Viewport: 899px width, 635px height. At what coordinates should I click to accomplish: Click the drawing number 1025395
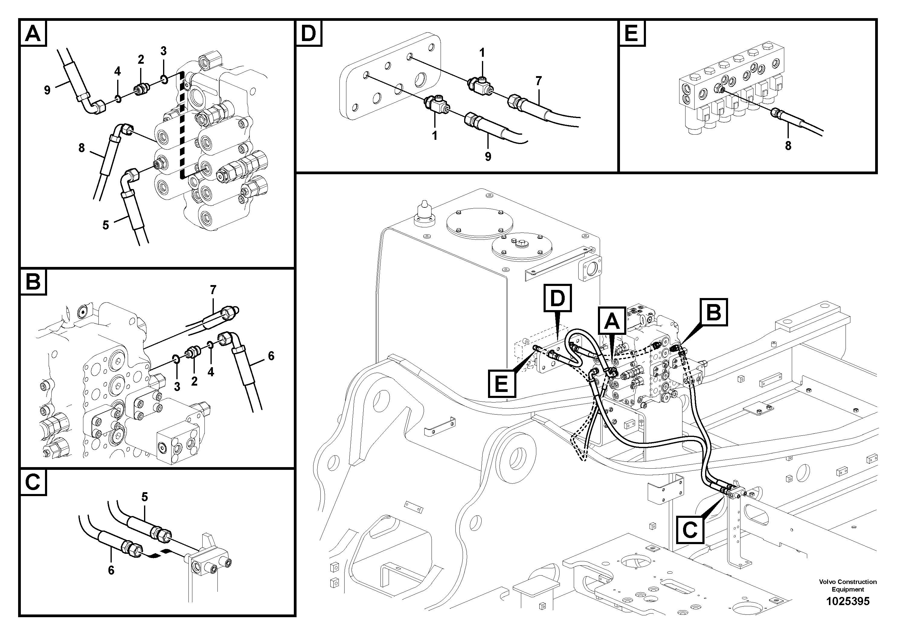pyautogui.click(x=848, y=601)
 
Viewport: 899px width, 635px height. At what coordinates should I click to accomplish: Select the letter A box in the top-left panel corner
pyautogui.click(x=33, y=34)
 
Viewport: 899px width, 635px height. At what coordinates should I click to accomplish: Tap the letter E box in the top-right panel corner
pyautogui.click(x=631, y=34)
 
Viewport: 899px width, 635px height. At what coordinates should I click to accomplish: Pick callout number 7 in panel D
pyautogui.click(x=539, y=81)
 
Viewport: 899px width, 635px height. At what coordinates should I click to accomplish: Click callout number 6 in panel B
pyautogui.click(x=271, y=356)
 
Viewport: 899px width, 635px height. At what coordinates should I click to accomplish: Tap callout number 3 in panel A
pyautogui.click(x=163, y=51)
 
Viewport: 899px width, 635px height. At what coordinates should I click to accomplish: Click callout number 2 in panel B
pyautogui.click(x=194, y=381)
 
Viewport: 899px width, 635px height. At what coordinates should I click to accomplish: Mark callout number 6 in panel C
pyautogui.click(x=111, y=570)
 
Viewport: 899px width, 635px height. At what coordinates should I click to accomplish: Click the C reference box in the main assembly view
pyautogui.click(x=689, y=530)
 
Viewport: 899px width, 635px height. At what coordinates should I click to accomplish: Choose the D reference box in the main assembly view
pyautogui.click(x=557, y=298)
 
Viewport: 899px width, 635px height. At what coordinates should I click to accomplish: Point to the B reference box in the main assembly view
pyautogui.click(x=714, y=313)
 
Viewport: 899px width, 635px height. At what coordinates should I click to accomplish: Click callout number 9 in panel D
pyautogui.click(x=488, y=157)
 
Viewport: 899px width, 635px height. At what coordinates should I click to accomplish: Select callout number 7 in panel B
pyautogui.click(x=213, y=290)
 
